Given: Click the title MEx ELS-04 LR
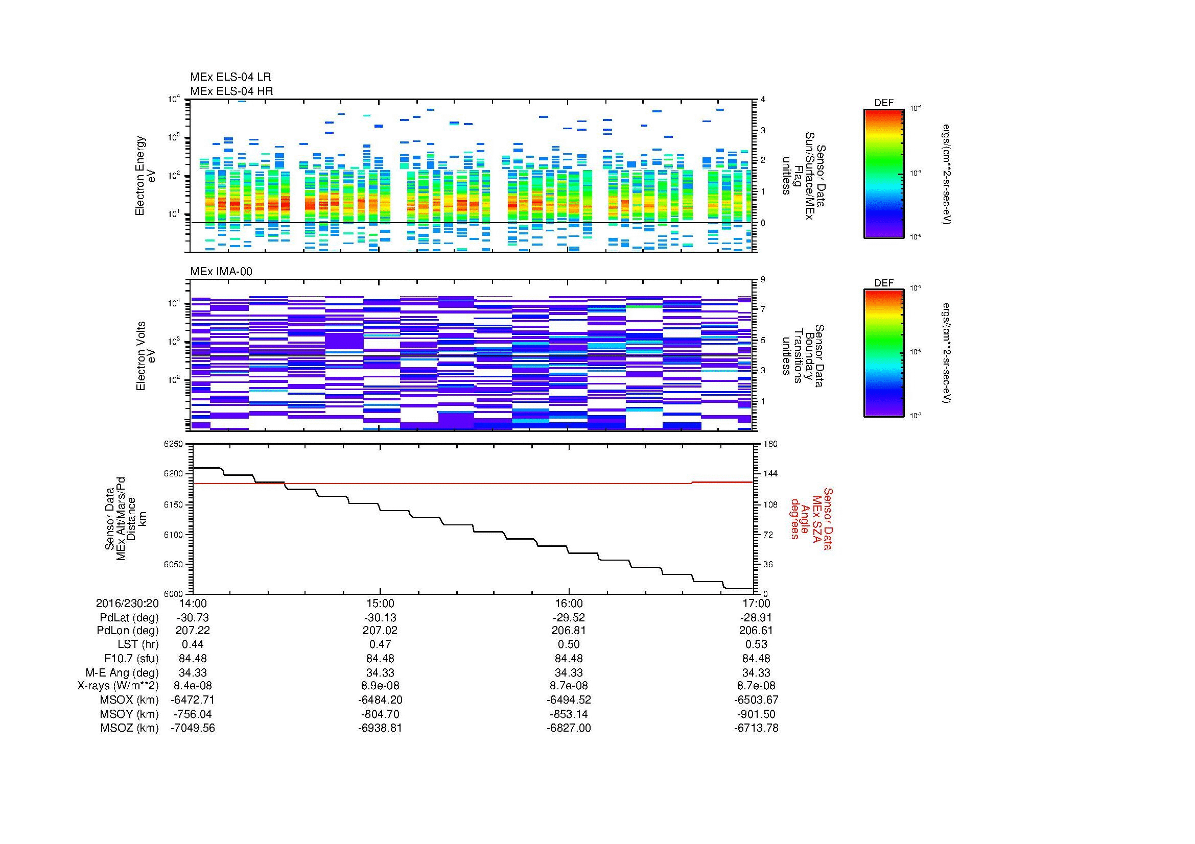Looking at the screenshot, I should (230, 77).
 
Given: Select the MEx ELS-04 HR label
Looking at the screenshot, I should (231, 91).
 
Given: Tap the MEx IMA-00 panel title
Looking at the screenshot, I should (221, 272).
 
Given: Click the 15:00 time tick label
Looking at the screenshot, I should (380, 603).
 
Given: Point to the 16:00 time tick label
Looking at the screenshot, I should (568, 603).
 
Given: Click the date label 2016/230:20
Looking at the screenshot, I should (127, 603).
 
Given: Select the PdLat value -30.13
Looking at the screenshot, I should (380, 617).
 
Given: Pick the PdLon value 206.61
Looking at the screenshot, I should (756, 630).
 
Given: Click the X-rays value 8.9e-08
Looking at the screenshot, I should (380, 686).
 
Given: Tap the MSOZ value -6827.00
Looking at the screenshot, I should (568, 728).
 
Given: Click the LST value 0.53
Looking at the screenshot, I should (756, 644).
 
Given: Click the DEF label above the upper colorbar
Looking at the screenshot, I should (883, 103).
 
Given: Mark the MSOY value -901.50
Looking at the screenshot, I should (756, 714).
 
